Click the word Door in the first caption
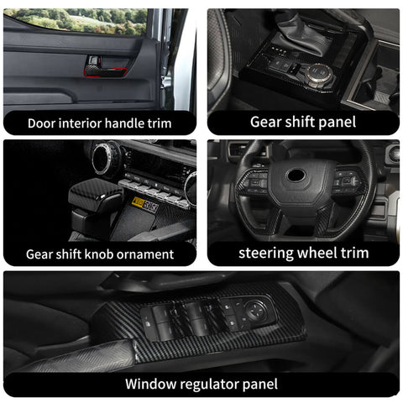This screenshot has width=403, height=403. [42, 123]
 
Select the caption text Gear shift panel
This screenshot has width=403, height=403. [302, 122]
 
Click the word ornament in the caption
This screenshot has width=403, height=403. [144, 254]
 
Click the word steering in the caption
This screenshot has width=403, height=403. [264, 252]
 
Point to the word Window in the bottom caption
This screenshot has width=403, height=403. [148, 385]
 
